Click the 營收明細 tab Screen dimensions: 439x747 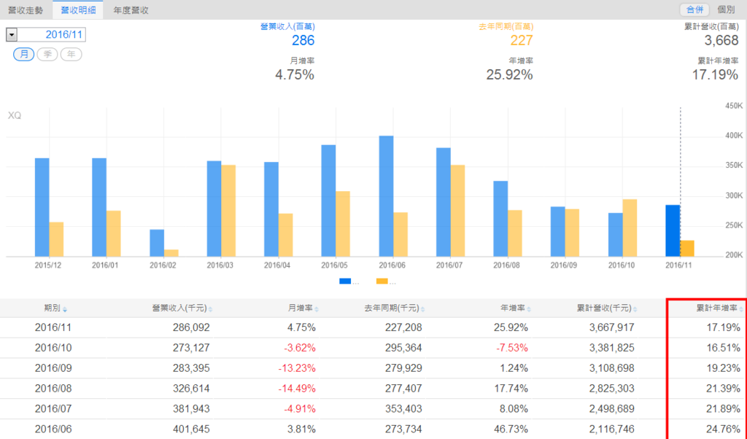pos(77,10)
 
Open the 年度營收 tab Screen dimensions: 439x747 pos(131,10)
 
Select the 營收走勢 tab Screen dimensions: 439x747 pos(26,10)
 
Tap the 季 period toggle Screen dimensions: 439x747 pos(47,55)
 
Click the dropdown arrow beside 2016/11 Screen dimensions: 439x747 pos(12,34)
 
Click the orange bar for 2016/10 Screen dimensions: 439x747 pos(630,228)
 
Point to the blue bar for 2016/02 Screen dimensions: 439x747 pos(157,243)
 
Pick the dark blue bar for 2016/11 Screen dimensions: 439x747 pos(673,230)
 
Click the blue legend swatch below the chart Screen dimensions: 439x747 pos(345,281)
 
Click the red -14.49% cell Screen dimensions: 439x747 pos(296,388)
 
